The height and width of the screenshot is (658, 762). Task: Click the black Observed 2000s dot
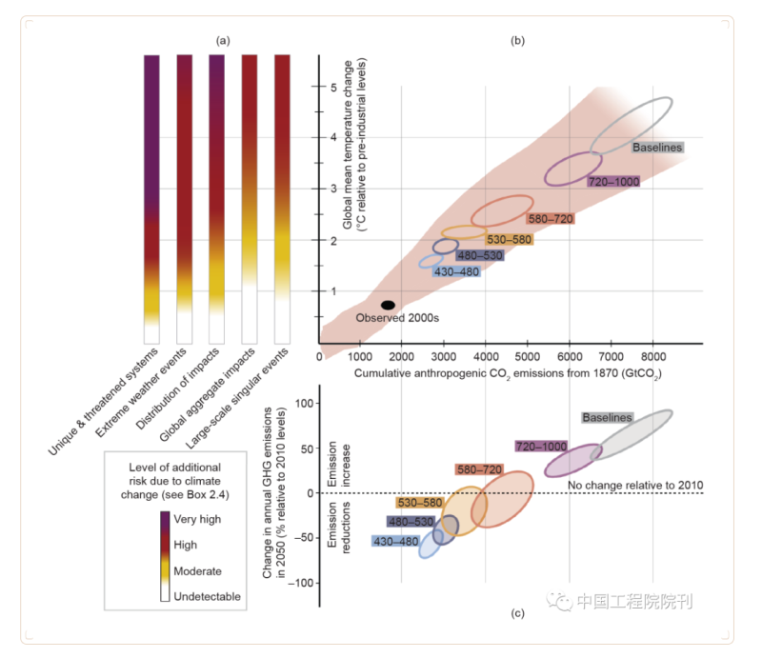(x=388, y=305)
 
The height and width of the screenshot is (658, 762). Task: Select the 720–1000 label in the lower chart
(x=541, y=446)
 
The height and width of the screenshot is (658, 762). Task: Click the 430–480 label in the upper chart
(x=455, y=271)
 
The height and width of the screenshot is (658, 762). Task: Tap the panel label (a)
(x=223, y=40)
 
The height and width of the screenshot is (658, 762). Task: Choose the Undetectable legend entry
(x=207, y=597)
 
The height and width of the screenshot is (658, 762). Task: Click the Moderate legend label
(x=197, y=571)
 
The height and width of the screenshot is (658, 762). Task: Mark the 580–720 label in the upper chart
(x=551, y=219)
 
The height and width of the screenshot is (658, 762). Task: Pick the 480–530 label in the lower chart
(x=411, y=522)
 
